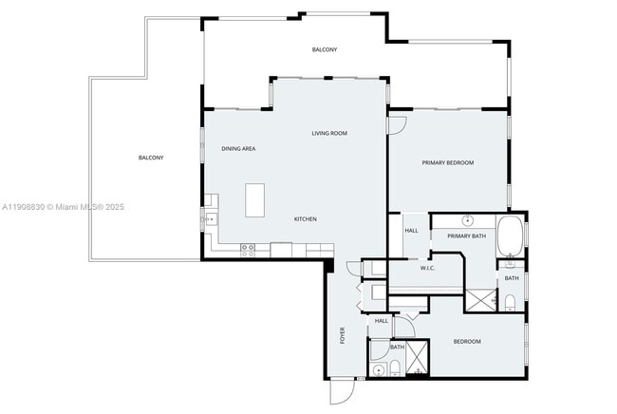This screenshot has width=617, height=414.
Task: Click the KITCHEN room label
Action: [305, 219]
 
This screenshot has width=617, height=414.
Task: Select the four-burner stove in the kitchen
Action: [249, 249]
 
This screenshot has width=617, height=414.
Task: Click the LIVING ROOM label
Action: [329, 133]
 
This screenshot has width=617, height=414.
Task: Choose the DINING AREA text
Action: [238, 149]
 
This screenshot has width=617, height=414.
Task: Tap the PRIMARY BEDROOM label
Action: [448, 162]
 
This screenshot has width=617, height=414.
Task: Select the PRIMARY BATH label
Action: [466, 235]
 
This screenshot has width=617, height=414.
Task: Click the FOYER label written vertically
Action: [343, 335]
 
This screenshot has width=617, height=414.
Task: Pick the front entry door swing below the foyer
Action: [342, 390]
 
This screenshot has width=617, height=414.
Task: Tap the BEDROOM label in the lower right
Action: [466, 342]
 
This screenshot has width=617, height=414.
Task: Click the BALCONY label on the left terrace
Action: [151, 157]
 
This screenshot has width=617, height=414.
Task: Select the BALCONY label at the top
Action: [325, 49]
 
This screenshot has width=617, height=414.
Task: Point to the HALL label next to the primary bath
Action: [411, 231]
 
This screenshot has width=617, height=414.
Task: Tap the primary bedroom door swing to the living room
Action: [397, 123]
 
